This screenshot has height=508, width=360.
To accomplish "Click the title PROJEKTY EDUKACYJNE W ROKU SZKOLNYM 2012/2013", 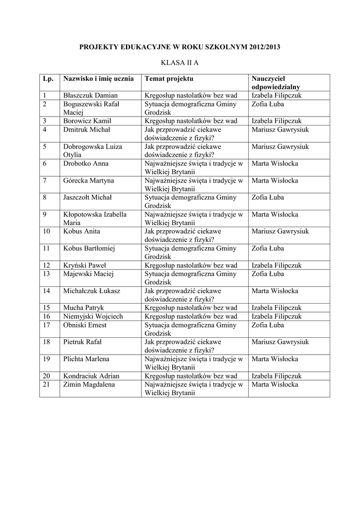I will pos(180,47).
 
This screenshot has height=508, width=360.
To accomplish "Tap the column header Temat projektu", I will pos(169,79).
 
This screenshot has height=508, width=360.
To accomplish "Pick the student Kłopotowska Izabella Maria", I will pos(94,218).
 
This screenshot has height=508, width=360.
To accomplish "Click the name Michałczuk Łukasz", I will pos(91,291).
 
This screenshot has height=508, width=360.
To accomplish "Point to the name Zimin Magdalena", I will pos(89,384).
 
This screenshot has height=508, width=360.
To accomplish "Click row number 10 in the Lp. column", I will pos(47,231).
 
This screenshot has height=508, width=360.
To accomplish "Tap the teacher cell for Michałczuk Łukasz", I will pos(275,291).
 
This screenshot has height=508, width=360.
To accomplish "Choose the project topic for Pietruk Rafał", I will pos(182,346).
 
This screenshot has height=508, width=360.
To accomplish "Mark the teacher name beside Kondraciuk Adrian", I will pos(277,376).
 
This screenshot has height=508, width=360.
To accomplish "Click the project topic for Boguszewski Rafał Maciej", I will pos(190,108).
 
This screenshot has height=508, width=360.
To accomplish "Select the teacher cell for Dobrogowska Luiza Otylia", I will pos(280,147).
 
